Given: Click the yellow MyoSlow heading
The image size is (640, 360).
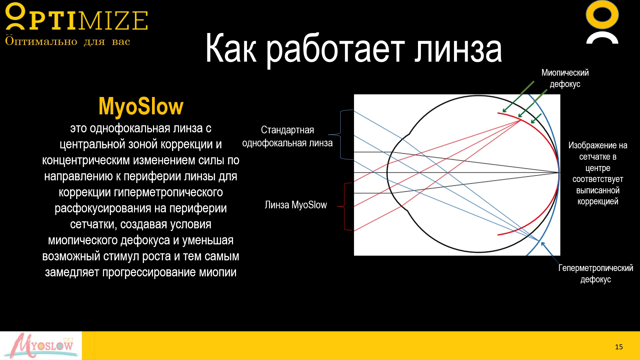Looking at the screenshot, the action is coord(141,107).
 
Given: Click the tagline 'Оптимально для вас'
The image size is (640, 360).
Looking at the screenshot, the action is coord(67,41).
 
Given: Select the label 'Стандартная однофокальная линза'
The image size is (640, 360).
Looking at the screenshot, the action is coord(287,136).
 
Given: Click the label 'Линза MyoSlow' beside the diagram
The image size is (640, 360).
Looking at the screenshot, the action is coord(296,205).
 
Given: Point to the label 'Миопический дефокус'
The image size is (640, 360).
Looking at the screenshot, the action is coord(565,78).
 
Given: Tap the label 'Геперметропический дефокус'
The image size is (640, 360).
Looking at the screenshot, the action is coord(596,273).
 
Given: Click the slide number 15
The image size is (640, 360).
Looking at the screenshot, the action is coord(619,347).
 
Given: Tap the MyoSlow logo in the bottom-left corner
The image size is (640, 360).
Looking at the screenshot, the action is coord(41,346).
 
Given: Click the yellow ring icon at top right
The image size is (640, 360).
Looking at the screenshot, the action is coord(602,15).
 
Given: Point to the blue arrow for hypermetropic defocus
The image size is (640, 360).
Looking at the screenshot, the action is coord(550,253).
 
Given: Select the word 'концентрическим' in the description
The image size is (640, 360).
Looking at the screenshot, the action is coord(86,160).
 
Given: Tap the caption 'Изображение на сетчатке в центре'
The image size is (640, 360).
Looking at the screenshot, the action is coord(598,157).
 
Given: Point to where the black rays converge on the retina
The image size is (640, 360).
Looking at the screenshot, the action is coord(559,172).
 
